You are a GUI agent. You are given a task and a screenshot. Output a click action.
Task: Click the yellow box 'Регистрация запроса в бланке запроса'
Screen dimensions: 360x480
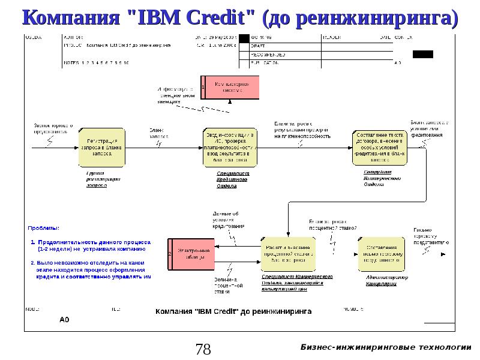(102, 148)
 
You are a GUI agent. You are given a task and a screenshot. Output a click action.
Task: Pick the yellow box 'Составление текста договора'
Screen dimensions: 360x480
(379, 147)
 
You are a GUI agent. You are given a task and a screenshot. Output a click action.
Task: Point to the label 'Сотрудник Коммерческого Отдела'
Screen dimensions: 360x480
(382, 179)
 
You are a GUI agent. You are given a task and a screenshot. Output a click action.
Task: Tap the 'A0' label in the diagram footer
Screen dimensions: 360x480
(64, 320)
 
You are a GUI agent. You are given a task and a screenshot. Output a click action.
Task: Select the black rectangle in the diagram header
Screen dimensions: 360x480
(422, 54)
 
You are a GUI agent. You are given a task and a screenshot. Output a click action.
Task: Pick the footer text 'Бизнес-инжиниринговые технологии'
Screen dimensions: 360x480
(386, 347)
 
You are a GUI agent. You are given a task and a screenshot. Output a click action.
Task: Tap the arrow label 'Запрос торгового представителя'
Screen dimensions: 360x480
(53, 130)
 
